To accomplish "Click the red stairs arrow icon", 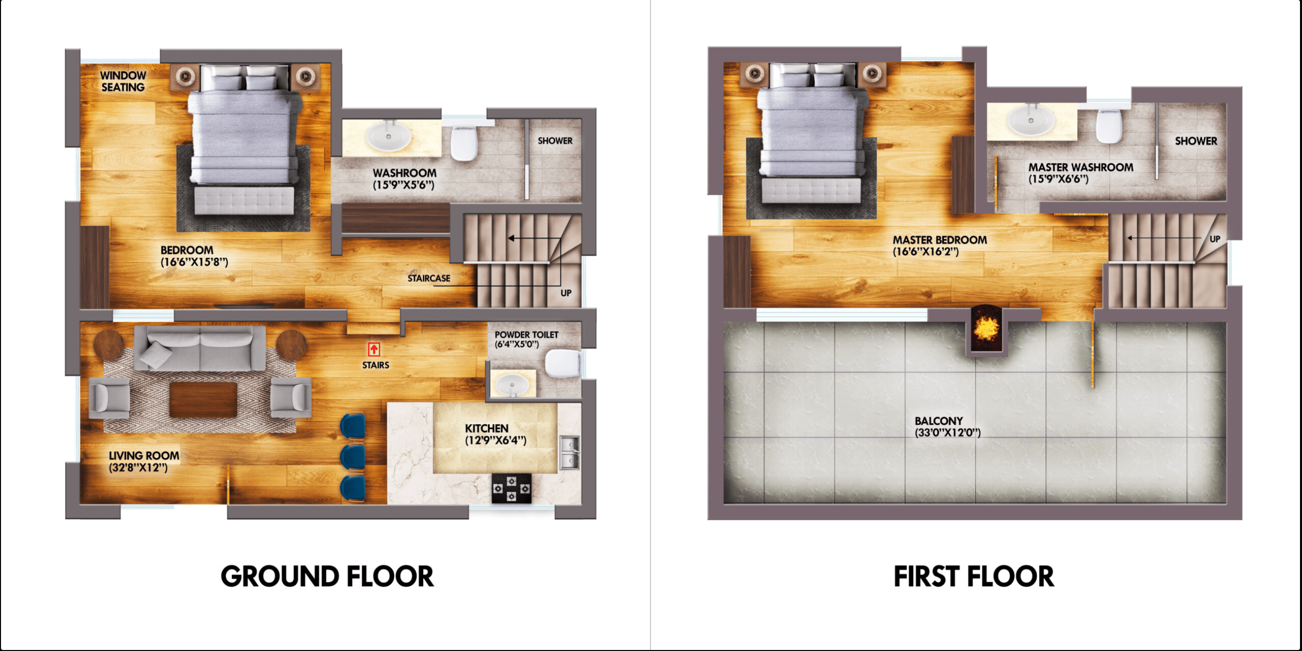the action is (374, 349).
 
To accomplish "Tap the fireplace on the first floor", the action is (986, 329).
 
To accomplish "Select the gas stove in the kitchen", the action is (512, 488).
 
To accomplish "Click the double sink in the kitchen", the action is (570, 452).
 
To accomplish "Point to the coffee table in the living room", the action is (203, 399).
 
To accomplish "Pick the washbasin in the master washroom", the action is (1031, 121).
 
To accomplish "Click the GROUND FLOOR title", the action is (327, 576).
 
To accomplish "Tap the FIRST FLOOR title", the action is (974, 576).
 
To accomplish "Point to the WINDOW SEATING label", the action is (123, 81).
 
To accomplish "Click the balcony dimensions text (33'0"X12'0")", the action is (948, 432).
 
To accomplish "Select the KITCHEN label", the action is (487, 428).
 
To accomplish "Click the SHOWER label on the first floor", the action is (1196, 140).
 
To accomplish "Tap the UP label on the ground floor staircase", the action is (566, 293).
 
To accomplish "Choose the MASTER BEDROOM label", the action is (940, 240).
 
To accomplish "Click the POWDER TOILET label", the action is (526, 334).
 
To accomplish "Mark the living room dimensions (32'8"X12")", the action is (138, 467).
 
